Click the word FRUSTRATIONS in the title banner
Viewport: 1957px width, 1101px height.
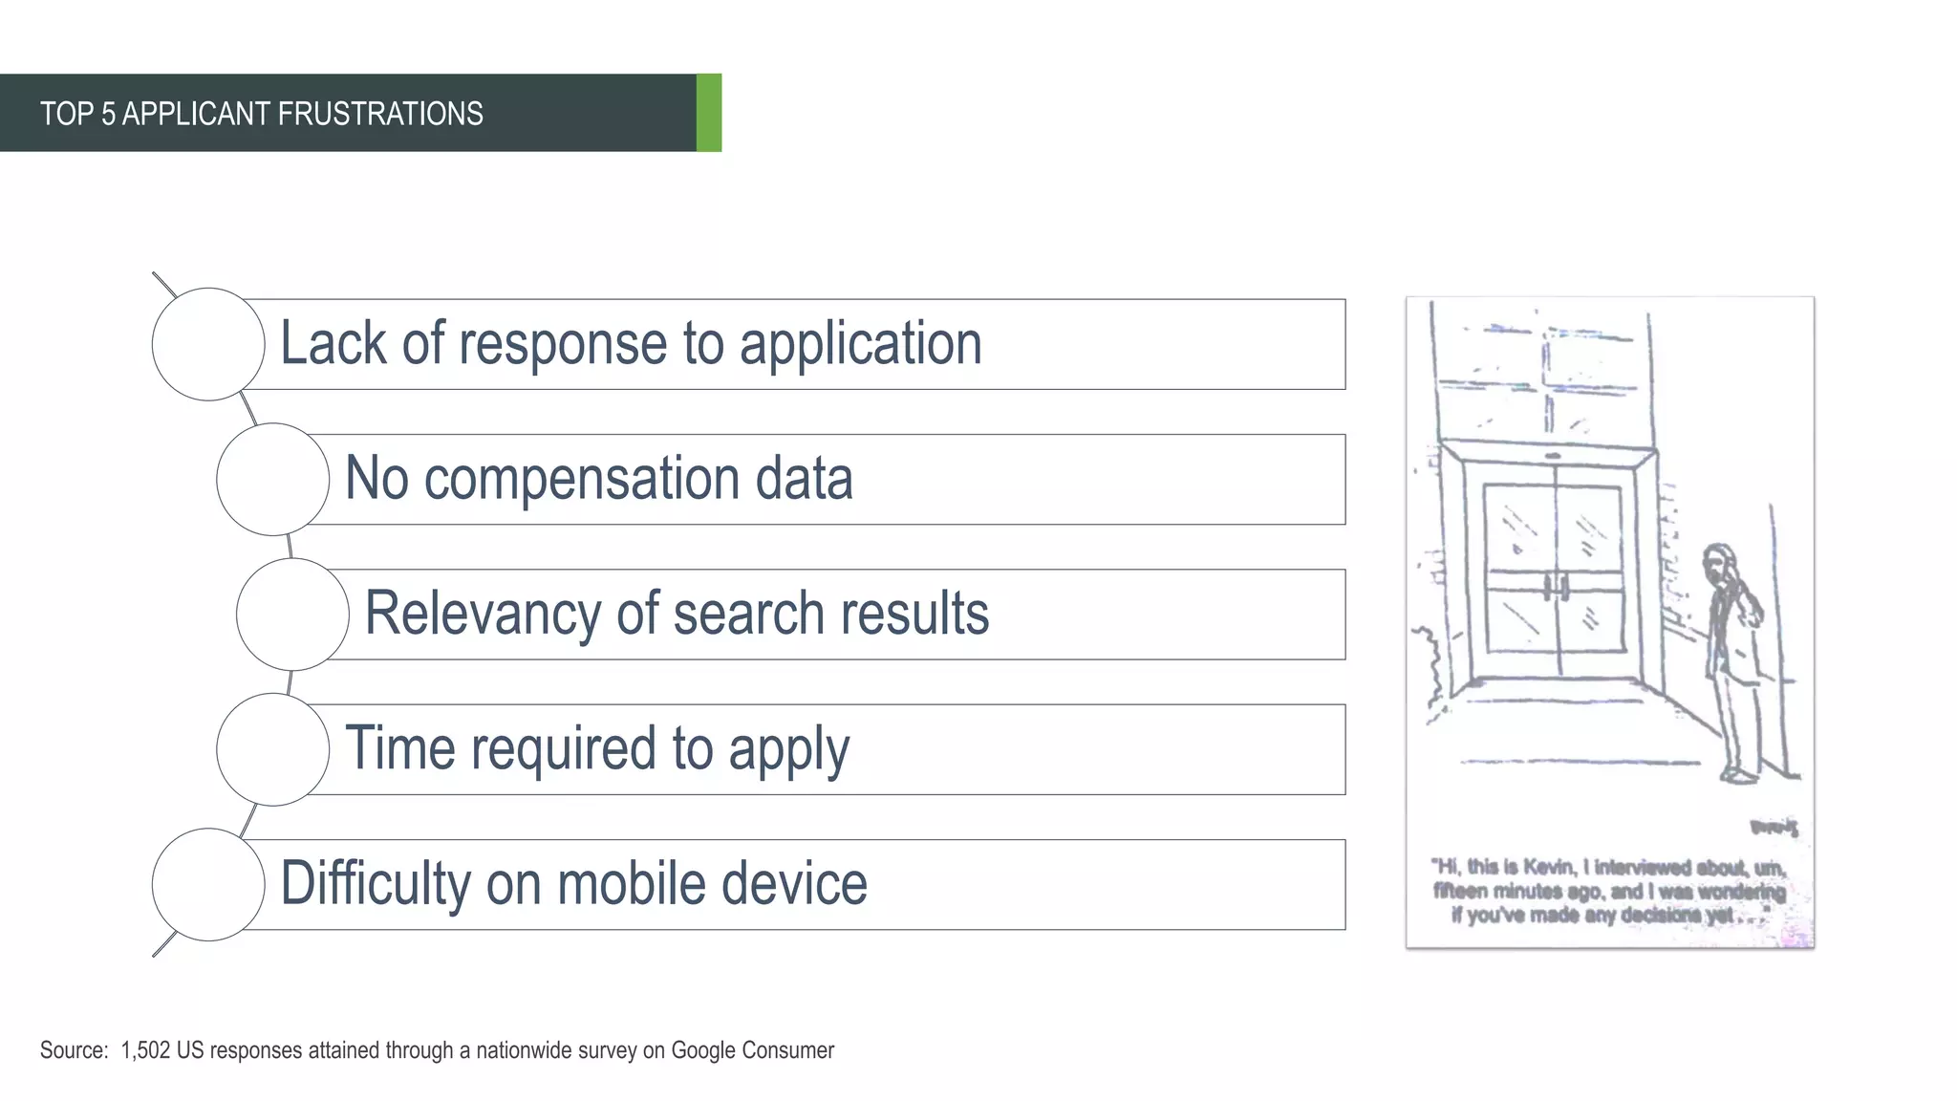point(380,114)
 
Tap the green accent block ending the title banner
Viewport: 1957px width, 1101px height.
point(709,113)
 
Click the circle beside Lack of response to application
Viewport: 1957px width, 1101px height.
point(208,344)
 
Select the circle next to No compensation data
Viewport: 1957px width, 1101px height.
point(273,479)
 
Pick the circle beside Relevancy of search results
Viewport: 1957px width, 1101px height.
point(292,615)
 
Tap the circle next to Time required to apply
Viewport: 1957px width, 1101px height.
point(273,749)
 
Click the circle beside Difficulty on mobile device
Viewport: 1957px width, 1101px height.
point(208,885)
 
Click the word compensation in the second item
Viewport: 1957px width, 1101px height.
point(581,479)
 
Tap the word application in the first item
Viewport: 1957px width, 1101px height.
point(860,344)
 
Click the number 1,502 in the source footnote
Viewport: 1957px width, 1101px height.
point(145,1050)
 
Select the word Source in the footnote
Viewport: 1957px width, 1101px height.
point(72,1050)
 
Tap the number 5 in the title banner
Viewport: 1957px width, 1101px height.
point(108,114)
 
